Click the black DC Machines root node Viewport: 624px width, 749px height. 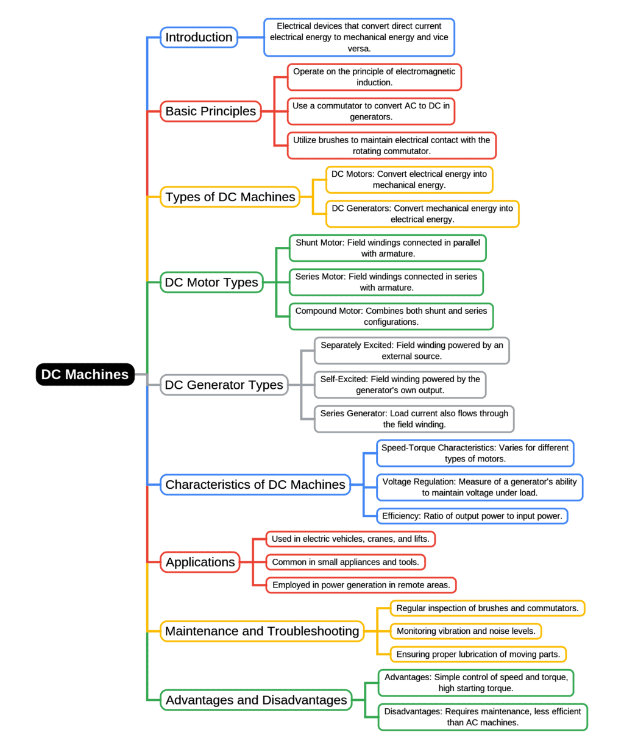(x=85, y=374)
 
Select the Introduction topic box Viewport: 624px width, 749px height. (x=199, y=37)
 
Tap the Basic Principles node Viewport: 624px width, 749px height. (x=211, y=111)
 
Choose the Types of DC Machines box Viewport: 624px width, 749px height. (x=230, y=197)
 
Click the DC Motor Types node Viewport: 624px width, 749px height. (x=211, y=282)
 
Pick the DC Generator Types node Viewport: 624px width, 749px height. (x=224, y=385)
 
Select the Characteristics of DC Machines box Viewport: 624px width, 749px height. (x=255, y=485)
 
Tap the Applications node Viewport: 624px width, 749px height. (x=200, y=562)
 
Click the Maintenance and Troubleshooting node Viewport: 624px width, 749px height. (x=262, y=631)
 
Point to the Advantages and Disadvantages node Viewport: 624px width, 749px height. (x=256, y=700)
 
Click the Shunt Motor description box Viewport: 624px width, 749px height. (x=388, y=248)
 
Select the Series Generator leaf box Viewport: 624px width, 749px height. (x=414, y=419)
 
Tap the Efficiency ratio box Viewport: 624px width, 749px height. (x=472, y=516)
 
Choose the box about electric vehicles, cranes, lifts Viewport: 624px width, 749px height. (x=350, y=539)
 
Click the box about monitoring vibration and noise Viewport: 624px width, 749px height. (x=466, y=631)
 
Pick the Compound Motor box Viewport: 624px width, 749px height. (x=391, y=316)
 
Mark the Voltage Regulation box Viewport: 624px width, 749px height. (x=479, y=487)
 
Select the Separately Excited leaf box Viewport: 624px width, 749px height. (x=411, y=350)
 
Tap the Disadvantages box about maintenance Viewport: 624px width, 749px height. (x=482, y=717)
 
